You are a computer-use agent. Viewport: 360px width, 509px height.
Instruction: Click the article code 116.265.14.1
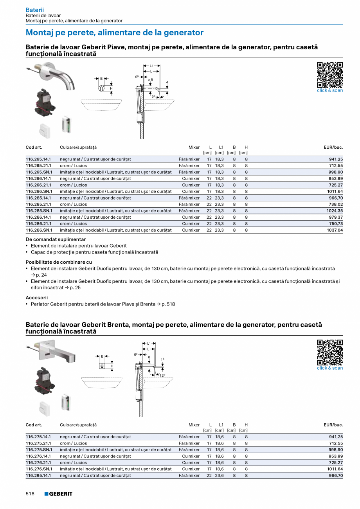tap(38, 159)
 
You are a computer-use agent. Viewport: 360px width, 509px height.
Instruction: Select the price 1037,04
tap(335, 230)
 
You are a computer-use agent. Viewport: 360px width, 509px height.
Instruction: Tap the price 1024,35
tap(335, 211)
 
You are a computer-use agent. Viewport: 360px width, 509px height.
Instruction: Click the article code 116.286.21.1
tap(38, 224)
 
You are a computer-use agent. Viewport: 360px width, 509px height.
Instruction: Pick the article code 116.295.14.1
tap(38, 476)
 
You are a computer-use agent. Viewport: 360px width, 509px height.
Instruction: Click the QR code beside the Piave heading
tap(329, 75)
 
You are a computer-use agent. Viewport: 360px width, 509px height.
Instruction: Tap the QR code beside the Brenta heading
tap(329, 353)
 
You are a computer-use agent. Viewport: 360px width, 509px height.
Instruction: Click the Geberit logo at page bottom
tap(58, 494)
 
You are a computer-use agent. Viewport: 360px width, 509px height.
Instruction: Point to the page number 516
tap(30, 494)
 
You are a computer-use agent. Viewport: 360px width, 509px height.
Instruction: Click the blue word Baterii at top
tap(35, 9)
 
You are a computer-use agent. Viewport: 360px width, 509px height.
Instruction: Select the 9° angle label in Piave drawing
tap(153, 96)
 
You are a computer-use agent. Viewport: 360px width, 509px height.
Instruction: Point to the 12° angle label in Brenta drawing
tap(162, 375)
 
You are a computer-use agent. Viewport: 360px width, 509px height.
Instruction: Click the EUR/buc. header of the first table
tap(333, 147)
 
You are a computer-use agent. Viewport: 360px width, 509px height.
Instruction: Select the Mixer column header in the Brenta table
tap(194, 425)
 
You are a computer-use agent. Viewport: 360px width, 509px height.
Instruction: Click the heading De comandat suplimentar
tap(56, 239)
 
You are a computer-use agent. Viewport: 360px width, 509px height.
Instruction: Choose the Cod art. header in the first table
tap(34, 147)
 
